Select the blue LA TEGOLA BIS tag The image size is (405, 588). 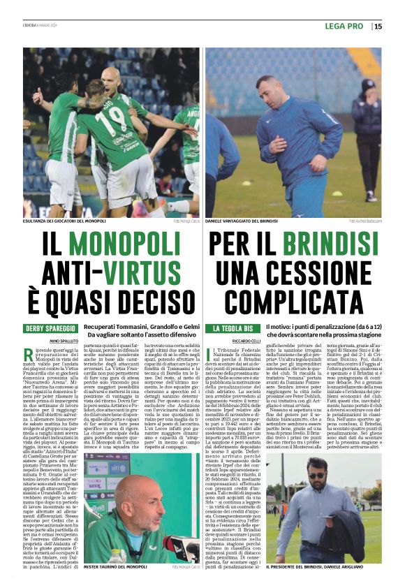tap(232, 328)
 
